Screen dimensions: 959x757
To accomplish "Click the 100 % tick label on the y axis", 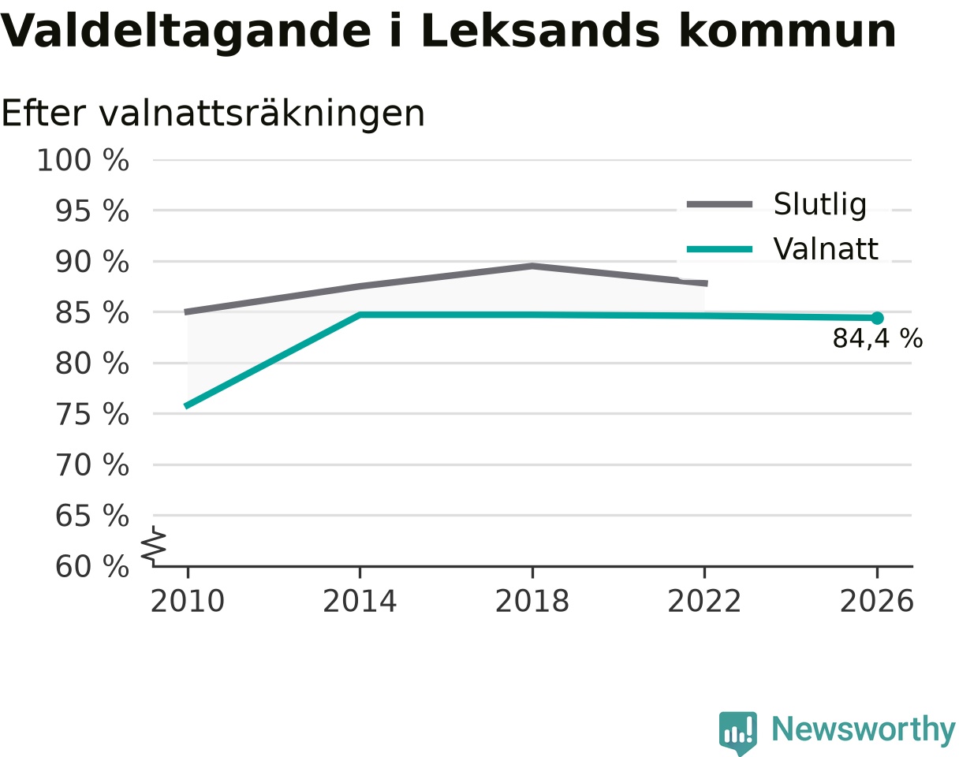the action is click(x=83, y=160).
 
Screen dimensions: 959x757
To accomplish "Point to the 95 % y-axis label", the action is click(x=91, y=211).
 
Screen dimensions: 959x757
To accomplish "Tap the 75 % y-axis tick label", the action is click(x=91, y=415).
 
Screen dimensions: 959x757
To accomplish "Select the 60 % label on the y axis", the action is click(x=91, y=567).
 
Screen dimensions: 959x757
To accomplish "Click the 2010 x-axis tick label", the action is click(x=188, y=602).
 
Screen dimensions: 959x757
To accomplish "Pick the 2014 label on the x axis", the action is click(x=360, y=602).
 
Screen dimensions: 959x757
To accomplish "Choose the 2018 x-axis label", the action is click(x=532, y=602).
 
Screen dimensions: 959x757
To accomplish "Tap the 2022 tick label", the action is click(x=704, y=602).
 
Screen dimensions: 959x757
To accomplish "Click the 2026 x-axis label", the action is click(x=876, y=602).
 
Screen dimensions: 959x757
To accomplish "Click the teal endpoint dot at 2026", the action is click(x=877, y=318).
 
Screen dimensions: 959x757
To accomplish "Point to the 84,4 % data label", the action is click(x=878, y=338).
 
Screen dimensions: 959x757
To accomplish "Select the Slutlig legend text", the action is click(x=820, y=205).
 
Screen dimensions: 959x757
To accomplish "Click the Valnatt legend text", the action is click(x=826, y=249).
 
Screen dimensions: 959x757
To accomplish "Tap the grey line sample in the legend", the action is click(x=719, y=204).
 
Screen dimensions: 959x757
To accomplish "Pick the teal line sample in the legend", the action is click(x=719, y=249).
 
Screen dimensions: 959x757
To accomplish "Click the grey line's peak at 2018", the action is click(x=532, y=267).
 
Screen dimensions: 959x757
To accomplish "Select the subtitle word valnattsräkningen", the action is click(x=262, y=114).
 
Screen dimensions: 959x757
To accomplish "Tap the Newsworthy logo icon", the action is click(x=738, y=731).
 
